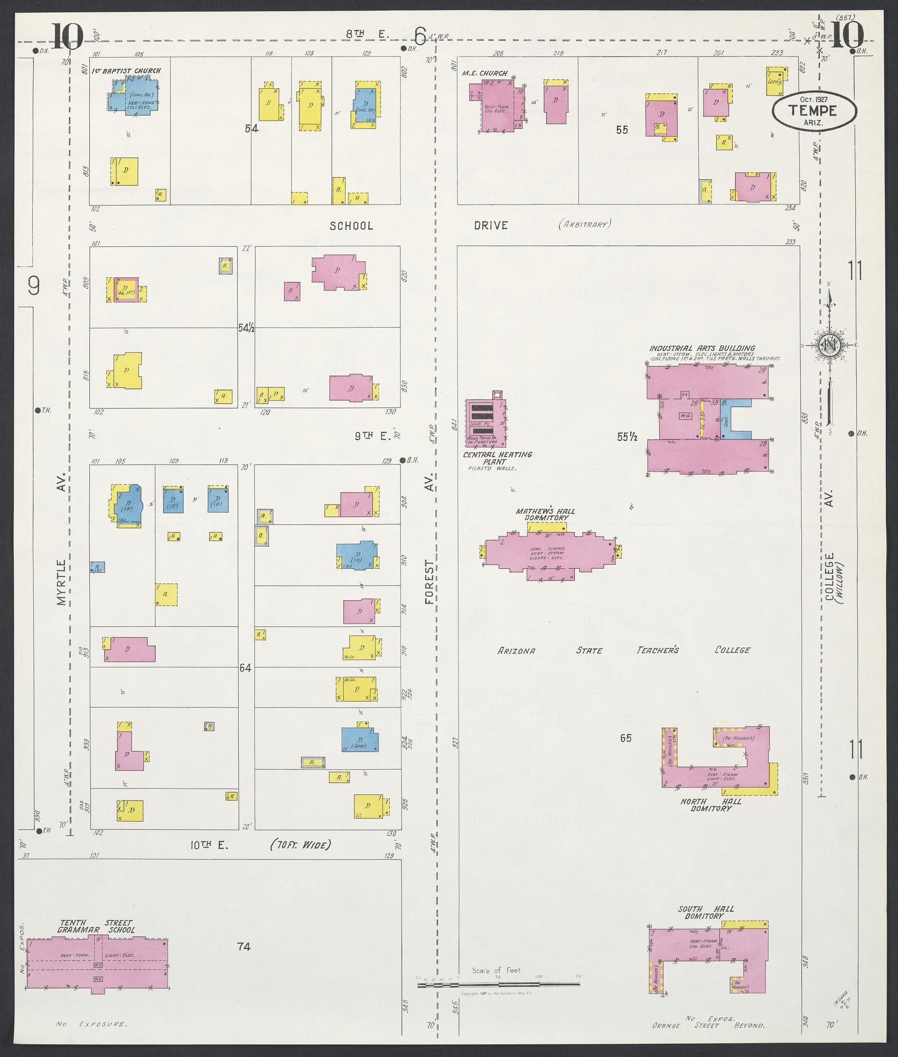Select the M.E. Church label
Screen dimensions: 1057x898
click(484, 73)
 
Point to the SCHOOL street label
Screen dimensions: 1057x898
click(351, 226)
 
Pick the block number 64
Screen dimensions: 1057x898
click(245, 667)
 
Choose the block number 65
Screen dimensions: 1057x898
click(625, 738)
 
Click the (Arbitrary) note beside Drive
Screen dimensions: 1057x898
click(584, 224)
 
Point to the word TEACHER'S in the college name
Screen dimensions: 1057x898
click(657, 650)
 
